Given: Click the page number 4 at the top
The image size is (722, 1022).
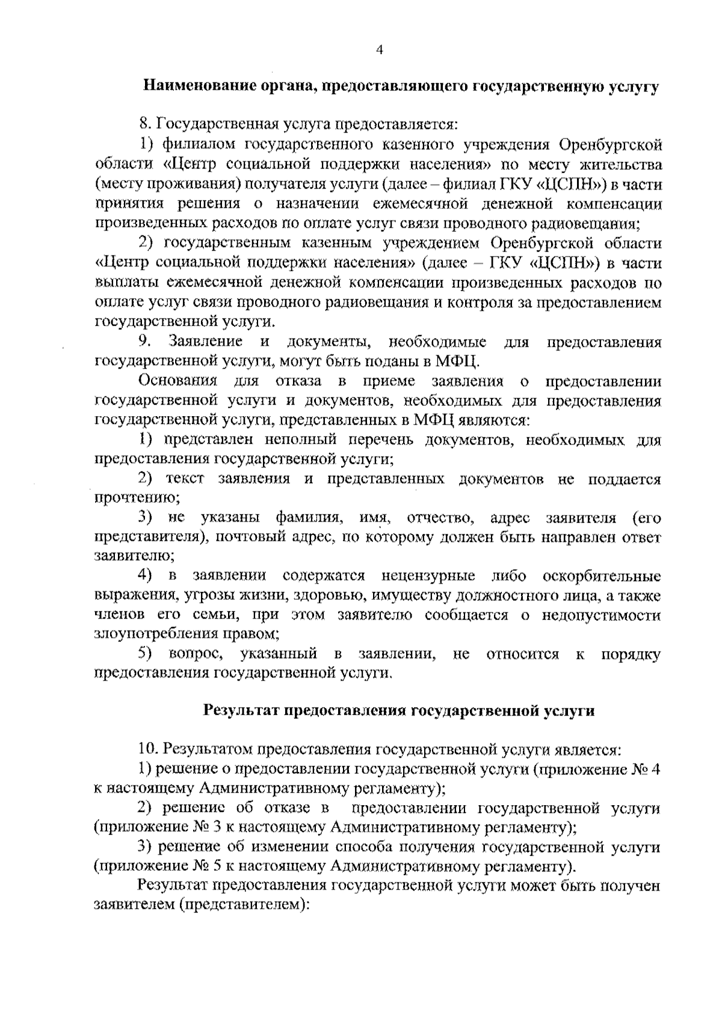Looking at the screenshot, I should [x=379, y=51].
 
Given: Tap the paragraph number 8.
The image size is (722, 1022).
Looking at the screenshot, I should [x=144, y=125].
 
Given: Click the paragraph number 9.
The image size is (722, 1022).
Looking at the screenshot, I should [x=144, y=341].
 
